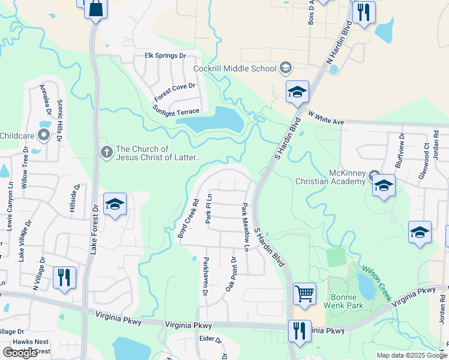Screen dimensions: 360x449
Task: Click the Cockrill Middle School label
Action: tap(235, 68)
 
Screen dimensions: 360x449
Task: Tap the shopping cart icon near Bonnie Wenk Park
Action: tap(304, 294)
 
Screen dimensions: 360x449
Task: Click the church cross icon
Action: tap(106, 152)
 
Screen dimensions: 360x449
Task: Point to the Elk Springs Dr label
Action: tap(166, 56)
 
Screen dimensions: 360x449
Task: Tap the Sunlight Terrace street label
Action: tap(176, 112)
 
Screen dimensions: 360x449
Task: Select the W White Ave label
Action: tap(326, 117)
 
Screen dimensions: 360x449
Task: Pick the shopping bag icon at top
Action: tap(95, 9)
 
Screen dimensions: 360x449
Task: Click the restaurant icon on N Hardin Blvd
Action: tap(363, 13)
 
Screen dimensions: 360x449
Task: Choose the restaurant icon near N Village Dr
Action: tap(64, 278)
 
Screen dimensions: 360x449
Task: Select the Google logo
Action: tap(20, 353)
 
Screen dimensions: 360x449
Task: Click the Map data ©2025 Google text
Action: tap(411, 355)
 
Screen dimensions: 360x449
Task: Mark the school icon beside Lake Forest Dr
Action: tap(115, 205)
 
